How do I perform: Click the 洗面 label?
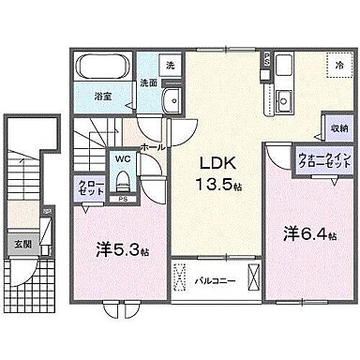point(148,82)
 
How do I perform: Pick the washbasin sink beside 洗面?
point(171,101)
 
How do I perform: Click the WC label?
point(123,160)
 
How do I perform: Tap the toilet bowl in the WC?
point(122,184)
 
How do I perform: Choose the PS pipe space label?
point(122,200)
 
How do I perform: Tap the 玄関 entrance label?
point(21,245)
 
